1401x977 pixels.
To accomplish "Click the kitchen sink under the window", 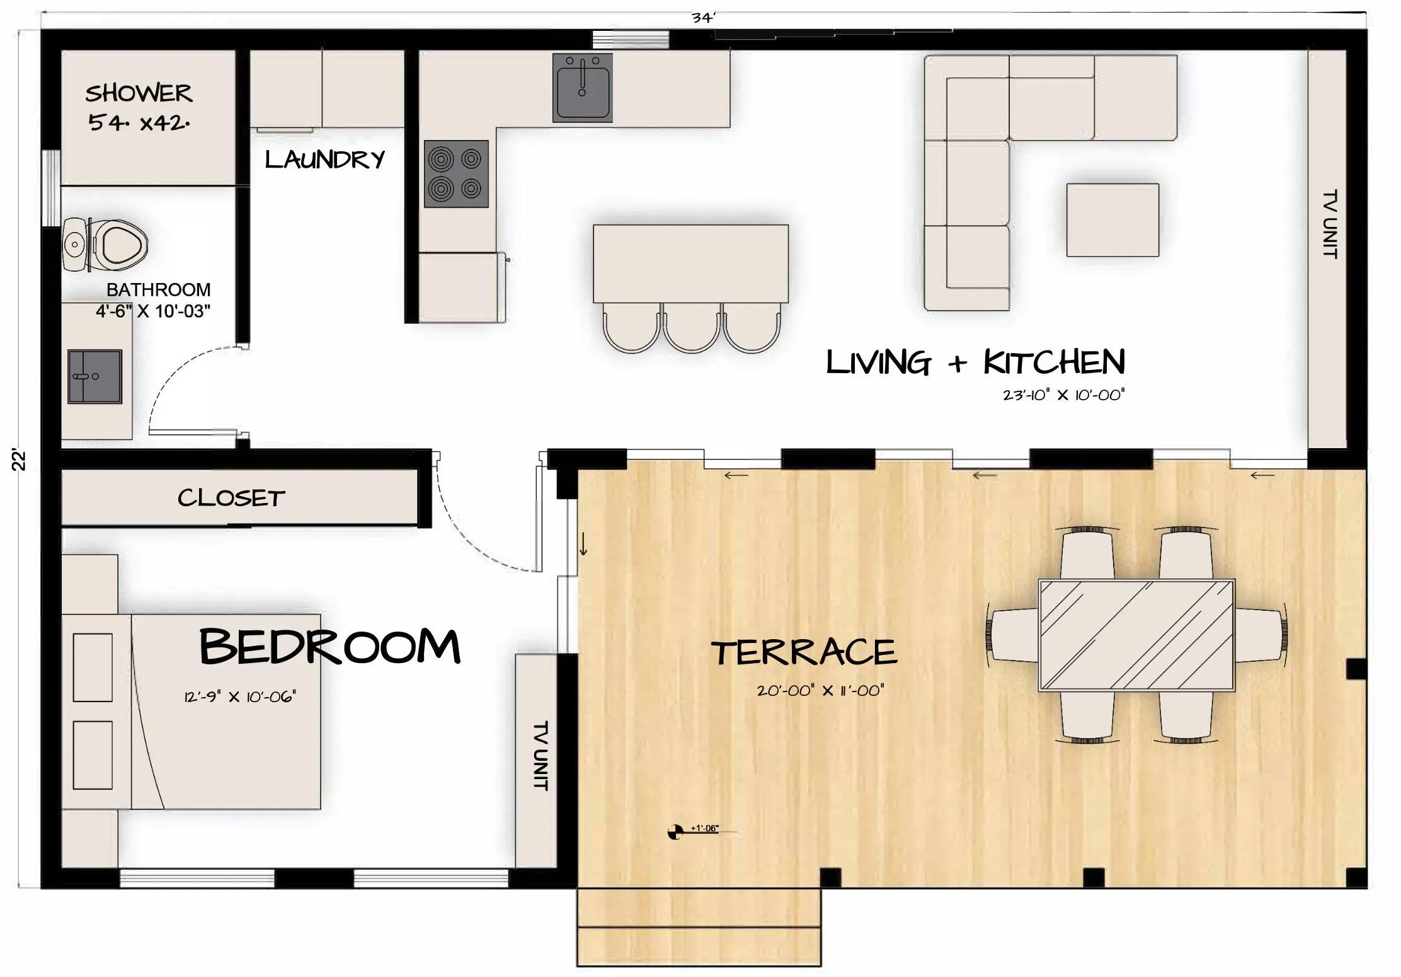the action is pos(582,88).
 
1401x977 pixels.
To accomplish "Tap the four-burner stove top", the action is pos(456,174).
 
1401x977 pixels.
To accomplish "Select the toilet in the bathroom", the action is pos(105,245).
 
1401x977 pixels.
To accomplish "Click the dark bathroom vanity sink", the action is pos(94,376).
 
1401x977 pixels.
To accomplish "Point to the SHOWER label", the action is pos(139,93).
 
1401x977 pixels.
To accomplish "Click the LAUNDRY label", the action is pos(324,159).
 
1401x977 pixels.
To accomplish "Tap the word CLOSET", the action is pos(231,498).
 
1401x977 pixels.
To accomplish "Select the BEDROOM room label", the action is pos(329,647).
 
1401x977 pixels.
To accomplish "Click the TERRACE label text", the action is pos(804,652).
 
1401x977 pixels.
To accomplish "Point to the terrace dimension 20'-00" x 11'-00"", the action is pos(820,690).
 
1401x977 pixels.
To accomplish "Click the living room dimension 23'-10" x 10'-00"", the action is pos(1064,395).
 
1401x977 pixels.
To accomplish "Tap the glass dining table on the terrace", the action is pos(1136,635).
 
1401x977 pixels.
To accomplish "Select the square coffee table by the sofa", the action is pos(1112,220).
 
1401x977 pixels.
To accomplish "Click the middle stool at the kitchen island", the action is pos(691,327).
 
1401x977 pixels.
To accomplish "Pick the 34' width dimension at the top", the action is pos(703,18).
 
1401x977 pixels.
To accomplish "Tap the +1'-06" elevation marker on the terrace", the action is pos(693,831).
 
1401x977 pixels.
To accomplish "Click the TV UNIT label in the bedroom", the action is pos(540,756).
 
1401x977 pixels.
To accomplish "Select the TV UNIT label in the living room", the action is pos(1330,224).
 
